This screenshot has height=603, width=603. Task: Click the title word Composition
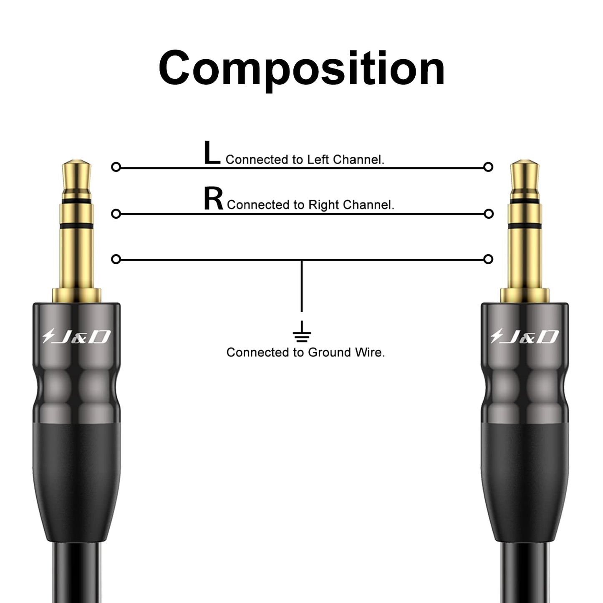[x=301, y=68]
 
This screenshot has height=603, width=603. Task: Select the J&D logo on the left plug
[x=76, y=336]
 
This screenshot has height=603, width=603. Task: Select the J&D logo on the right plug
[x=524, y=336]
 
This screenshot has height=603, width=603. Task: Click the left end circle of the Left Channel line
[x=116, y=167]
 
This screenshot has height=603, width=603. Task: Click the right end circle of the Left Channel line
[x=488, y=167]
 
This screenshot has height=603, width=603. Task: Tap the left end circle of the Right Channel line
[x=116, y=214]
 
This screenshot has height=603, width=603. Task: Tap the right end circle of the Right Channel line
[x=488, y=214]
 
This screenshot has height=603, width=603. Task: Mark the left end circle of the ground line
[x=116, y=260]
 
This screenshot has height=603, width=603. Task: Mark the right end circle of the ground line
[x=488, y=260]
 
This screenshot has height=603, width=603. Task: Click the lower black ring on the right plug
[x=525, y=226]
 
